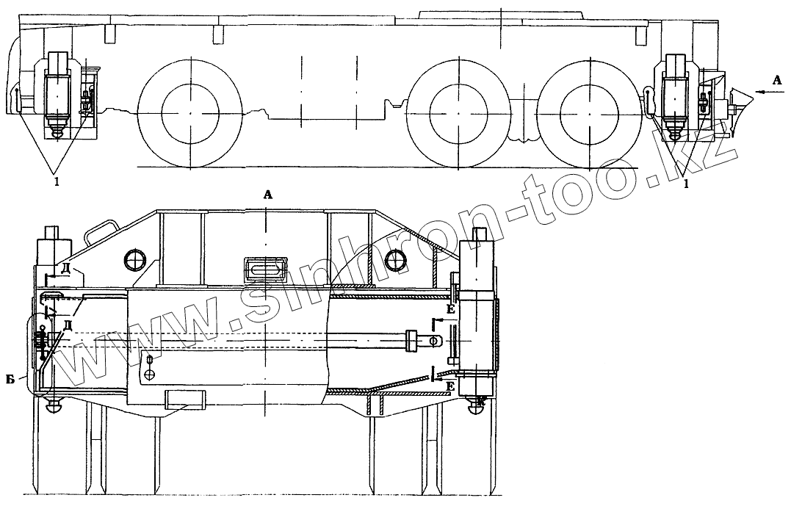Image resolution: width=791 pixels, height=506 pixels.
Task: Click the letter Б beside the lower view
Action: click(x=10, y=380)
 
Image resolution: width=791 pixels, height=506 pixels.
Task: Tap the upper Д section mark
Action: click(x=65, y=269)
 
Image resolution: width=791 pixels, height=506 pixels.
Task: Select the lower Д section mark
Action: click(x=66, y=325)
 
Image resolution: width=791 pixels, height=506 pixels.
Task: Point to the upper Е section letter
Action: click(x=450, y=308)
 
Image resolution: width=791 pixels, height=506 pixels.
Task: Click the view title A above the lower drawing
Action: click(x=268, y=195)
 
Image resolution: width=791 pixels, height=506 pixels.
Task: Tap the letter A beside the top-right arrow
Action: click(x=777, y=80)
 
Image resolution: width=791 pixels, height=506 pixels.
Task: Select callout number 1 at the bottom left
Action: click(x=57, y=182)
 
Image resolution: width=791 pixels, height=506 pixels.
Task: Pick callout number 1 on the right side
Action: click(x=685, y=184)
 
